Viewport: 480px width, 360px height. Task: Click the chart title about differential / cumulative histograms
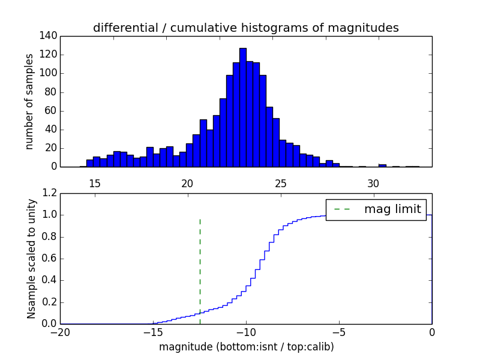(x=245, y=28)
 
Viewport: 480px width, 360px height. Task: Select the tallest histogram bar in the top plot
(x=242, y=107)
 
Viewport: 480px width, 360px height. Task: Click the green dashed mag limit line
(x=200, y=270)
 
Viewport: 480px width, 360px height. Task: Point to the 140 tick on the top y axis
(x=50, y=36)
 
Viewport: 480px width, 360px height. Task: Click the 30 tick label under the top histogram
(x=373, y=184)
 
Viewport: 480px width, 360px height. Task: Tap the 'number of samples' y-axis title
(x=29, y=101)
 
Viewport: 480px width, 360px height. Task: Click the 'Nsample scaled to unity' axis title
(x=31, y=258)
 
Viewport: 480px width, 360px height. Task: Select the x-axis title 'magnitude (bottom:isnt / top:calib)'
(x=246, y=347)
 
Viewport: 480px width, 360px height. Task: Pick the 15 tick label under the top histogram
(x=94, y=184)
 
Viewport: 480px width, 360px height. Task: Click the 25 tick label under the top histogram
(x=280, y=184)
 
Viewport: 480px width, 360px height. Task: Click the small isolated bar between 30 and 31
(x=382, y=165)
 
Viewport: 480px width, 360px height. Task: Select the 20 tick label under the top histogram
(x=187, y=184)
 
